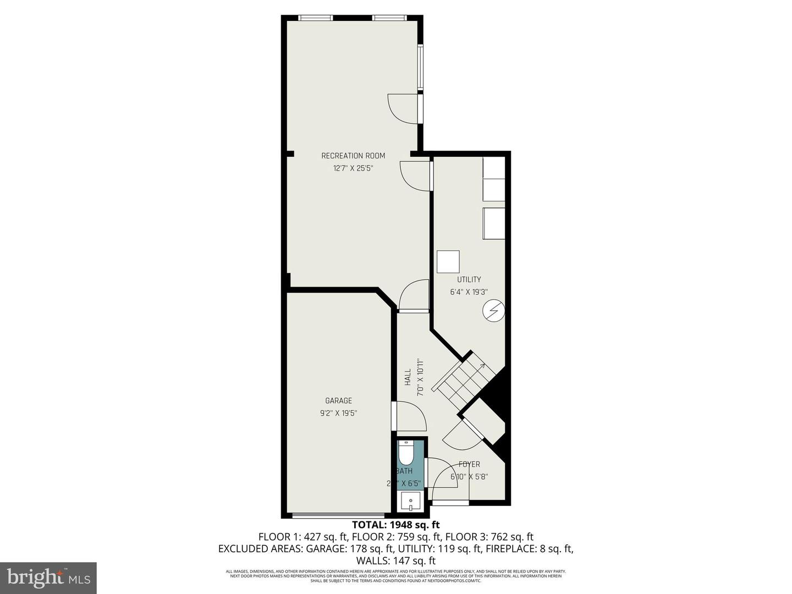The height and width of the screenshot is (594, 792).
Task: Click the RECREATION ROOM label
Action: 353,156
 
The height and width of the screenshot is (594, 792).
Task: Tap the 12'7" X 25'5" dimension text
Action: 353,169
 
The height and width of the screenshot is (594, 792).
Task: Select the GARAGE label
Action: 338,401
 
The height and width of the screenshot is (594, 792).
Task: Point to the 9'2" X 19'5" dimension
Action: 338,414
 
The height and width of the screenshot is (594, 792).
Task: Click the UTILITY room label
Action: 469,279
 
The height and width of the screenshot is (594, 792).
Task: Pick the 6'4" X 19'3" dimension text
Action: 469,293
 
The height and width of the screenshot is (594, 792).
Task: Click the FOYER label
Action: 469,464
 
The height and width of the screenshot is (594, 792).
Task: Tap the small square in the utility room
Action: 448,262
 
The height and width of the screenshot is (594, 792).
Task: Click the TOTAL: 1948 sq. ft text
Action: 396,525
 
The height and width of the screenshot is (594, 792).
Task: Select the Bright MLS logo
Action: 48,577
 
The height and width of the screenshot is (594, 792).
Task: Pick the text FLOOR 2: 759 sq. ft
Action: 397,537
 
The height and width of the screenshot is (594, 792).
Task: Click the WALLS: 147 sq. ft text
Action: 396,561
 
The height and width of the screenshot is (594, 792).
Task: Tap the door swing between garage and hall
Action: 410,417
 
